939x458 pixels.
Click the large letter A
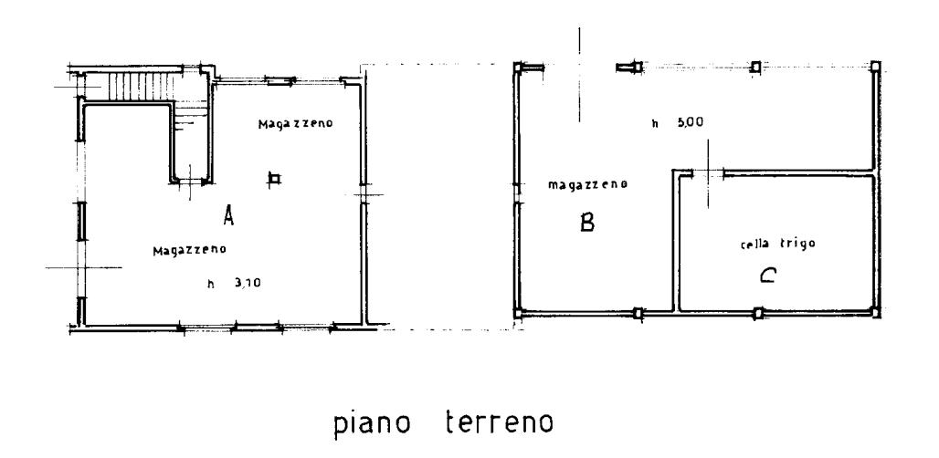coord(227,215)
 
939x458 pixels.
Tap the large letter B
coord(586,223)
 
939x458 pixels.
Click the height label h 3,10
coord(234,284)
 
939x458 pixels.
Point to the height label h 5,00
coord(678,123)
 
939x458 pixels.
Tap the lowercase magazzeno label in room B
coord(587,185)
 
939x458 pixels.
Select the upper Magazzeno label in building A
coord(295,124)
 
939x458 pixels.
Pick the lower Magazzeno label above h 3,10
coord(190,250)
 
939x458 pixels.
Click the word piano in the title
coord(372,423)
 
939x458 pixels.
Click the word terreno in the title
coord(500,422)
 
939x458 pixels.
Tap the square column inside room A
coord(274,178)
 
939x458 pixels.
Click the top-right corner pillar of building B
coord(875,67)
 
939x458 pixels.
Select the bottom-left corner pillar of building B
coord(519,313)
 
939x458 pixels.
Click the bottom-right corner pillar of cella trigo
coord(874,311)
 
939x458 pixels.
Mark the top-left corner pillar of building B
coord(519,68)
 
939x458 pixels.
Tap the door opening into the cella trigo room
coord(709,173)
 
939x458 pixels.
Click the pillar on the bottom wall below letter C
coord(759,312)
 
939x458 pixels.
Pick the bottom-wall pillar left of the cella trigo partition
coord(638,313)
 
